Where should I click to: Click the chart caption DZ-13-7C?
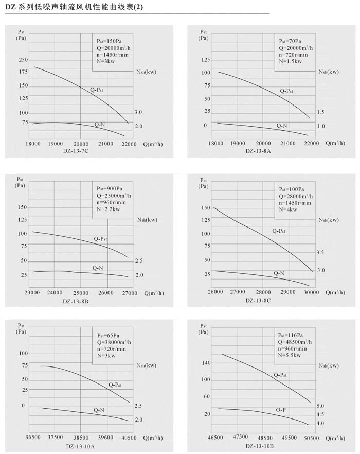pos(76,151)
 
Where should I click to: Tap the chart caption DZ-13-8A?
pos(257,151)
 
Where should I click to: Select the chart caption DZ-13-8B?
pos(76,301)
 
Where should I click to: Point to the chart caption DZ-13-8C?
pos(258,301)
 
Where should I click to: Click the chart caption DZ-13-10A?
pos(80,445)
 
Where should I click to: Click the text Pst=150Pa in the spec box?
pos(109,41)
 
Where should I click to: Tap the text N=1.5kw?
pos(290,61)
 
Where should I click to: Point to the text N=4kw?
pos(289,209)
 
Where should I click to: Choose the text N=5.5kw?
pos(290,355)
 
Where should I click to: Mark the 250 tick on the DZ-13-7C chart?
pos(23,60)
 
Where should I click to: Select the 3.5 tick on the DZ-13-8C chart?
pos(320,252)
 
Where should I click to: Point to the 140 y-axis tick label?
pos(207,363)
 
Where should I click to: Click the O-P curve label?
pos(281,410)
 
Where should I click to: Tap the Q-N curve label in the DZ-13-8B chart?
pos(98,268)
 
